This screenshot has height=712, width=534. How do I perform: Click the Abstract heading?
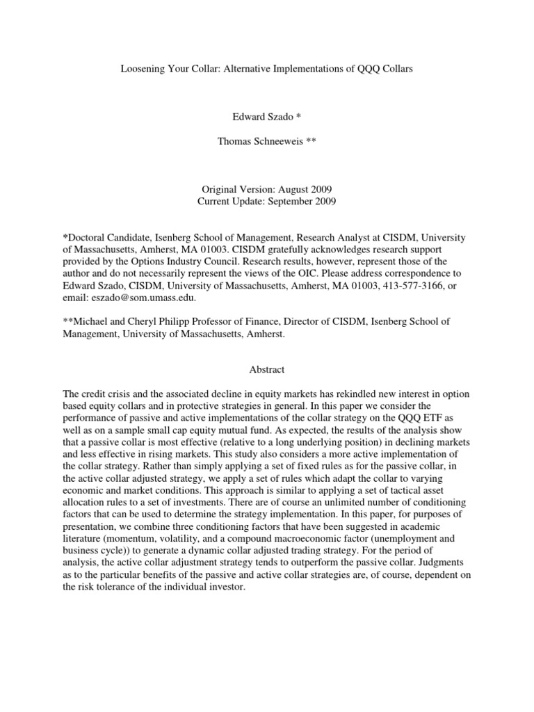266,369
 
